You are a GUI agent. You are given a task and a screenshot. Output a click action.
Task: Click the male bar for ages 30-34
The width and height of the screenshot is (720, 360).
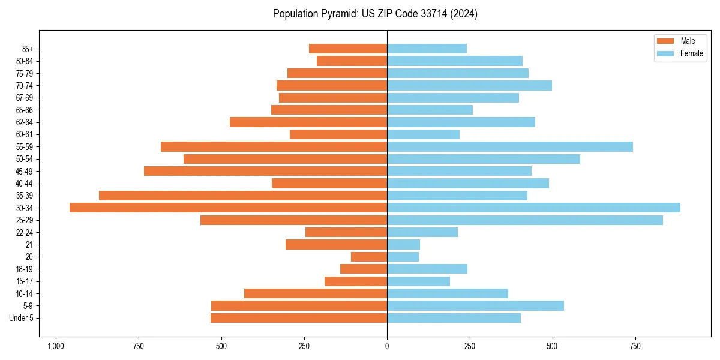coord(228,208)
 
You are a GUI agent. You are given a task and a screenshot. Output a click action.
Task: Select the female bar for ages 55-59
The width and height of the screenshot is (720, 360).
coord(510,146)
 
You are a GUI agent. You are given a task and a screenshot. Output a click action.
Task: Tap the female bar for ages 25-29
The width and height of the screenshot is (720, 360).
coord(525,220)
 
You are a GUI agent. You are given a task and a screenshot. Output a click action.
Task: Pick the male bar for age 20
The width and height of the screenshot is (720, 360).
coord(369,257)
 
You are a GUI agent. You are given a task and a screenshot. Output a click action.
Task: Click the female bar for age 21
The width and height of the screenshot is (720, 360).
coord(403,244)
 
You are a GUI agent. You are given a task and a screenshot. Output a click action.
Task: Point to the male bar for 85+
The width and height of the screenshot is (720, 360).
coord(348,49)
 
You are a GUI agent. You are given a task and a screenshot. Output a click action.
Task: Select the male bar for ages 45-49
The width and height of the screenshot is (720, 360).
coord(265,171)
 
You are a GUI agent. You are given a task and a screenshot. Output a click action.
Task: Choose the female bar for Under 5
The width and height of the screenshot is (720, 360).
coord(454,318)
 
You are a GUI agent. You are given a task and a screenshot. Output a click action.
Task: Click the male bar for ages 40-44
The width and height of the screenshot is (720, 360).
coord(329,183)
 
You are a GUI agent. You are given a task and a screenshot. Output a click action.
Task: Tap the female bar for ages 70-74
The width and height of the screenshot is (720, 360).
coord(469,85)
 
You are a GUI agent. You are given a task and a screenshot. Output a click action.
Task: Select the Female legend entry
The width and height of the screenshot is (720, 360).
coord(680,53)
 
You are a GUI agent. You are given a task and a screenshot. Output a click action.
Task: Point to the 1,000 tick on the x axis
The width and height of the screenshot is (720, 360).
coord(56,346)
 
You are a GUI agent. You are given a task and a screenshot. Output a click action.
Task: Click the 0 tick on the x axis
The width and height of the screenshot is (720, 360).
coord(387,346)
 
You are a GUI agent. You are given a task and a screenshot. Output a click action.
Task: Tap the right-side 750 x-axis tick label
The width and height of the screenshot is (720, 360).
coord(635,346)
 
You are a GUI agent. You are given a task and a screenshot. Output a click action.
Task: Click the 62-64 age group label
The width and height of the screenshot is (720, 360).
coord(25,122)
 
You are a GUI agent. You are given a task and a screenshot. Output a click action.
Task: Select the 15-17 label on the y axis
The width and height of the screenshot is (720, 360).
coord(25,281)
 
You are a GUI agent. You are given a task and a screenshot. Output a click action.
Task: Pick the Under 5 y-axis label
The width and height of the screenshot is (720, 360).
coord(22,318)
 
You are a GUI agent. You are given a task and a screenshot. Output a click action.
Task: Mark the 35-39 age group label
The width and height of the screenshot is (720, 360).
coord(25,196)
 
